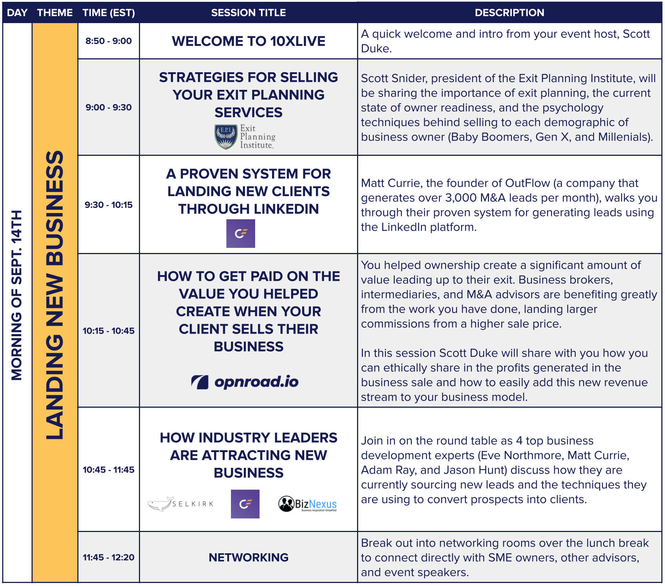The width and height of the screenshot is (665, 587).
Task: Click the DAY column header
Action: pyautogui.click(x=17, y=13)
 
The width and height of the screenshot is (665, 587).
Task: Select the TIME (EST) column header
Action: pyautogui.click(x=109, y=13)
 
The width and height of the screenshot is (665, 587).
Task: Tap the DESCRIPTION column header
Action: pyautogui.click(x=509, y=13)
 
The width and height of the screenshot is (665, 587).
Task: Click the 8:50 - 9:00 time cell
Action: pyautogui.click(x=109, y=41)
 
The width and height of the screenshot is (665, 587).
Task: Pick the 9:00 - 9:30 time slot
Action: pyautogui.click(x=109, y=107)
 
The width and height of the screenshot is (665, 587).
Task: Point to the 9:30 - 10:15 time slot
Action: pyautogui.click(x=109, y=205)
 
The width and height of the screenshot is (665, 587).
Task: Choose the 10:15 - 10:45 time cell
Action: pyautogui.click(x=109, y=331)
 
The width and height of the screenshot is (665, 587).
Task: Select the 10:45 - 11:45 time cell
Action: pyautogui.click(x=109, y=470)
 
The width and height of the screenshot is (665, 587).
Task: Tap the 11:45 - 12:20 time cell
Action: pyautogui.click(x=109, y=557)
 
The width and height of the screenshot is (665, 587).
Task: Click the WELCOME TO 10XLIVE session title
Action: pyautogui.click(x=248, y=41)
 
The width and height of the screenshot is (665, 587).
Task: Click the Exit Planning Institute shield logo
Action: pyautogui.click(x=226, y=137)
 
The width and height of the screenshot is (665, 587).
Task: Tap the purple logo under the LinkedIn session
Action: pyautogui.click(x=240, y=234)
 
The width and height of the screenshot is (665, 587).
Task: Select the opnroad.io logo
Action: pyautogui.click(x=245, y=382)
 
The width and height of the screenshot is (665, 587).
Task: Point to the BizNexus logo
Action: pyautogui.click(x=308, y=504)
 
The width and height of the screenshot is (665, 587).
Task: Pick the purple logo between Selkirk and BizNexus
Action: pyautogui.click(x=245, y=504)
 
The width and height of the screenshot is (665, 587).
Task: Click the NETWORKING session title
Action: pyautogui.click(x=248, y=557)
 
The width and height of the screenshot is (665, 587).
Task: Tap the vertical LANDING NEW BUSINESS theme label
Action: pyautogui.click(x=55, y=295)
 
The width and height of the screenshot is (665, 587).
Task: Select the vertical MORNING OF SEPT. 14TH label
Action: pyautogui.click(x=17, y=295)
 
